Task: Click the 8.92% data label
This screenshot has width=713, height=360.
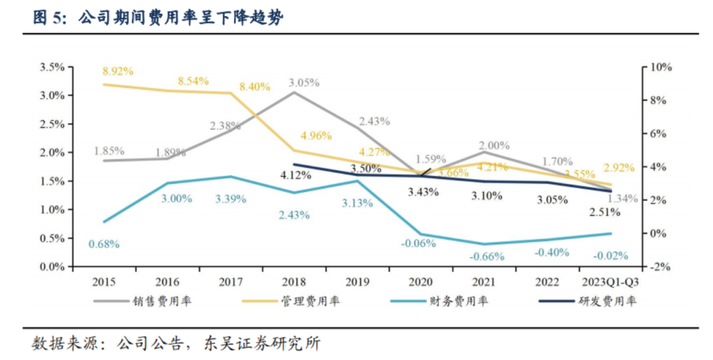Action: point(118,71)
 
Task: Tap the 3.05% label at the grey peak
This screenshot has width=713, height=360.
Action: point(304,83)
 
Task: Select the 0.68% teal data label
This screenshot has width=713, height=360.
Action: point(104,244)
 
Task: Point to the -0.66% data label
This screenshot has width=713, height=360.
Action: point(487,256)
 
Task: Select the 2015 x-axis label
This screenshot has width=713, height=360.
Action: point(104,282)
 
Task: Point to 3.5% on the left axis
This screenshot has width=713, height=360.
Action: point(51,67)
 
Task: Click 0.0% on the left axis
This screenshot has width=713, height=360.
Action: point(51,268)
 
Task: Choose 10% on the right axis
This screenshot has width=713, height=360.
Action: point(661,67)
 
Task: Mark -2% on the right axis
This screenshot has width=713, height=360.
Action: point(661,268)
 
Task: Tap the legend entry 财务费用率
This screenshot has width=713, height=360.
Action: point(469,301)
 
